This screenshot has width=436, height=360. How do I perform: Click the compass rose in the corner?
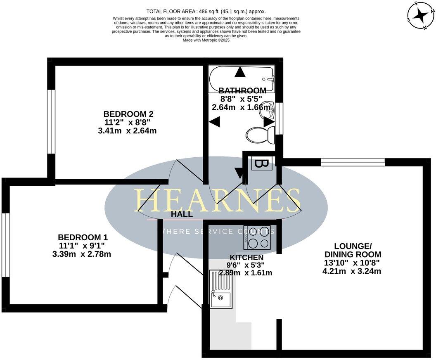click(x=421, y=16)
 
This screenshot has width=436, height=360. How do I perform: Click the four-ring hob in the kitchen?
click(x=257, y=238)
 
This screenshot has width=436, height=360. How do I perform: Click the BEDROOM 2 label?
click(x=125, y=114)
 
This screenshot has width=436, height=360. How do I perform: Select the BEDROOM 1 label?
click(x=83, y=237)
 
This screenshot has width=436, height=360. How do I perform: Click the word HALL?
click(x=182, y=214)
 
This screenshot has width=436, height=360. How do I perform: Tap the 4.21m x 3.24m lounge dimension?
click(x=351, y=271)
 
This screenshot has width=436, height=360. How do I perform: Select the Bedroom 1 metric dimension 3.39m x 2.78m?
click(x=82, y=254)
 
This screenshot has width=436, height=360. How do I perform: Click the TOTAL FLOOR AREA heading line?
click(x=206, y=11)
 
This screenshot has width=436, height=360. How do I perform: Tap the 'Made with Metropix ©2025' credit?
click(x=206, y=40)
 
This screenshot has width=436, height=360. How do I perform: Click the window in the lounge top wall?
click(x=353, y=162)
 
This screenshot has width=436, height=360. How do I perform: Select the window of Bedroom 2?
click(x=51, y=121)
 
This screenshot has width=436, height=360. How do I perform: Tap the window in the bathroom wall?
click(x=280, y=118)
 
